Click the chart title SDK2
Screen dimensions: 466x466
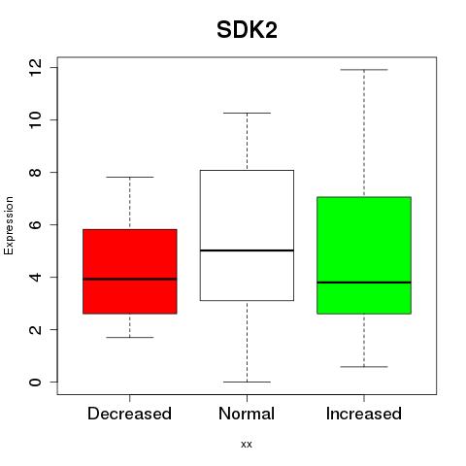pos(247,30)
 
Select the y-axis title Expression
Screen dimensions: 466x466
pos(9,225)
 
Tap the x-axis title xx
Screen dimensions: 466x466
pos(247,445)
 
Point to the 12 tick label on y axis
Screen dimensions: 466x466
pos(36,68)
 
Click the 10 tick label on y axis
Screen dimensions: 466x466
pos(36,120)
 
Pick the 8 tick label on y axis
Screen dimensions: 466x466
pos(36,172)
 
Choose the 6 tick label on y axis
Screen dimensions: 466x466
pos(36,224)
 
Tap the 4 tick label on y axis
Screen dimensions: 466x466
pos(36,277)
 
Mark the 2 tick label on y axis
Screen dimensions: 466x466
pos(36,329)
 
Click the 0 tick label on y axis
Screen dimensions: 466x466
pos(36,382)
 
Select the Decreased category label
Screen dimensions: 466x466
pos(129,414)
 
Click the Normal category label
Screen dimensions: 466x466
pos(247,414)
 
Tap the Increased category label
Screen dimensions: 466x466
pos(364,414)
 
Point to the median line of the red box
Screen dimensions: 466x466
pos(130,279)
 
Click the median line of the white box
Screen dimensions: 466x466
pos(247,250)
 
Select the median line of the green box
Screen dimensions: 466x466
pos(364,283)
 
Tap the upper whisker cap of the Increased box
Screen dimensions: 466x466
pos(364,70)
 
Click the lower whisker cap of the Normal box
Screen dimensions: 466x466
pos(247,382)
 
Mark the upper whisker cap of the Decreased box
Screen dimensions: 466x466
pos(130,177)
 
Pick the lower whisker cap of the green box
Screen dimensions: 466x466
pos(364,367)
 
